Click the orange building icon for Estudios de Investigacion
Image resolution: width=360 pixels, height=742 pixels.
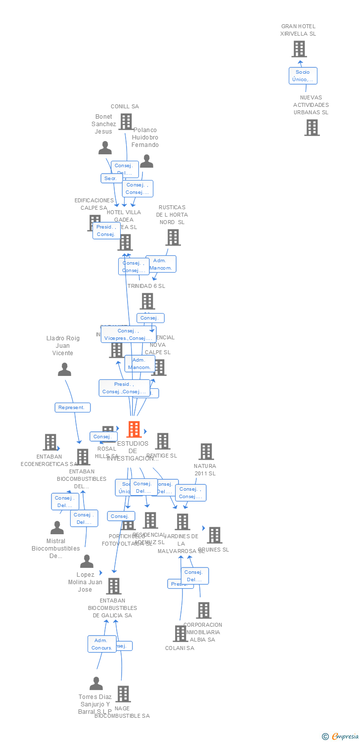(x=134, y=429)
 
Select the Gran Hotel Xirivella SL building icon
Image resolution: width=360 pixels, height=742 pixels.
(x=299, y=49)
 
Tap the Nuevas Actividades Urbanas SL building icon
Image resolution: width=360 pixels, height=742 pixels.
(x=312, y=128)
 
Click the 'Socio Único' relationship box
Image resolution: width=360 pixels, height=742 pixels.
(x=303, y=76)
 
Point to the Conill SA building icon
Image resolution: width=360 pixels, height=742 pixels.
(x=126, y=121)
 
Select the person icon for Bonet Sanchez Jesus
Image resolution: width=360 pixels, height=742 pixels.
(x=105, y=148)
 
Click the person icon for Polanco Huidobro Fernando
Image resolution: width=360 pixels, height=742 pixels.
(x=146, y=161)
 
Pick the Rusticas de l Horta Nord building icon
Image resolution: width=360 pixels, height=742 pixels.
(x=173, y=237)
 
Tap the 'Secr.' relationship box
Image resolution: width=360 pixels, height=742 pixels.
(x=111, y=178)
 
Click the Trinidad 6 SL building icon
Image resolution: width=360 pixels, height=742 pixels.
(x=147, y=301)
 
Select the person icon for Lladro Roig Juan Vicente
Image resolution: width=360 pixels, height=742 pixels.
(x=64, y=370)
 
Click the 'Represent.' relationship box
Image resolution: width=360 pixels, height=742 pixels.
(x=72, y=408)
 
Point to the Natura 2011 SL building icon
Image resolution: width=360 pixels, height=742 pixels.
(x=206, y=452)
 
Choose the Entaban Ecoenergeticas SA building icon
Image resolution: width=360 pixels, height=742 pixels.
(x=50, y=442)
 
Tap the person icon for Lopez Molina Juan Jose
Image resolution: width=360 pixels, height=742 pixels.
(x=87, y=561)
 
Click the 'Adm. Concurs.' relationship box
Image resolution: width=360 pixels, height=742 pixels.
(x=102, y=644)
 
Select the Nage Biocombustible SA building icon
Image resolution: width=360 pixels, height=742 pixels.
(x=123, y=694)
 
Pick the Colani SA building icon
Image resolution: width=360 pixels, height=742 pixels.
(x=180, y=634)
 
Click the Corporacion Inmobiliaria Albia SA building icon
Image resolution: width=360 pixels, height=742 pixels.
(x=203, y=610)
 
